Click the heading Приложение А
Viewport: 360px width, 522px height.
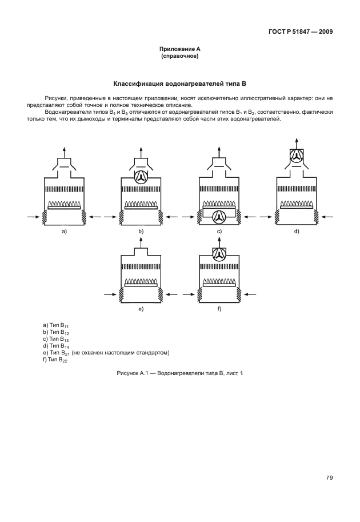[x=179, y=50]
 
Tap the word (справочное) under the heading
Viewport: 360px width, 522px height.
[x=179, y=57]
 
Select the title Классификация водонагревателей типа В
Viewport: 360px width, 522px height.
[x=179, y=83]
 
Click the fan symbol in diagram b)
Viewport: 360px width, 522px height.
[x=141, y=177]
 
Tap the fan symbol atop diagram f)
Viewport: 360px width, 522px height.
[x=218, y=255]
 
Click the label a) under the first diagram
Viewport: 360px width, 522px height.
[x=64, y=231]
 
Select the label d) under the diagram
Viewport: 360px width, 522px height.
[x=296, y=231]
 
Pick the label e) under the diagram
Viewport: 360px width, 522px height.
[x=141, y=309]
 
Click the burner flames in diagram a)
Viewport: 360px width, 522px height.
[x=64, y=204]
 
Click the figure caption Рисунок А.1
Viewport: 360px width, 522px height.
[x=179, y=373]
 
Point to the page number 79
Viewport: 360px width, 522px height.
[x=330, y=477]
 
